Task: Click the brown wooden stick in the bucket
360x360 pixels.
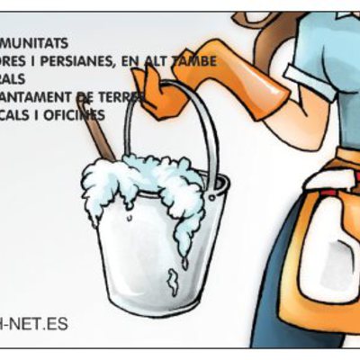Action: [x=94, y=126]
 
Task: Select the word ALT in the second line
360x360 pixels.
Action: [x=166, y=61]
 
